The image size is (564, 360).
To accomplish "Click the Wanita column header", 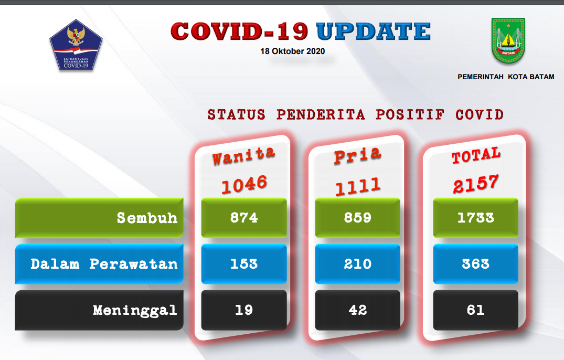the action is [x=243, y=156].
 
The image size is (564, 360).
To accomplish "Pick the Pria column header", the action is [x=357, y=155].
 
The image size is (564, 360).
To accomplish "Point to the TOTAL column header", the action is [x=476, y=155].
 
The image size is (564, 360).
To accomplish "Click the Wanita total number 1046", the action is [x=244, y=185].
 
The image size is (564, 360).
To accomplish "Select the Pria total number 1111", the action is [x=357, y=186].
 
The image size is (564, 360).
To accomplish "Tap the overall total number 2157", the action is [x=476, y=184].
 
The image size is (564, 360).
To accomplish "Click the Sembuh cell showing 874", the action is [x=244, y=218].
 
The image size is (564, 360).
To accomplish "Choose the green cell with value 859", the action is [x=357, y=218].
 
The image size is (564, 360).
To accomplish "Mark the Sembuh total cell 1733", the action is [x=475, y=218].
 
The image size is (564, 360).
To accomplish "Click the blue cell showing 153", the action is [x=244, y=264].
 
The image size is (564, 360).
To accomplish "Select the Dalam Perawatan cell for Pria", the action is [x=357, y=264].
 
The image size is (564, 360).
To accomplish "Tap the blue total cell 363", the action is [x=475, y=264].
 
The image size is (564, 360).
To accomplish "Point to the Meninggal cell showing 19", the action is [x=244, y=310].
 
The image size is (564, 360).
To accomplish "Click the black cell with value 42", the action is [x=357, y=310].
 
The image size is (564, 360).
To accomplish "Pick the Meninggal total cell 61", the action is [x=475, y=310].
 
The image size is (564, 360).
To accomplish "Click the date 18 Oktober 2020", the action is [x=292, y=51].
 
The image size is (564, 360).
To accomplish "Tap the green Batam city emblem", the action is [x=508, y=40].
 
